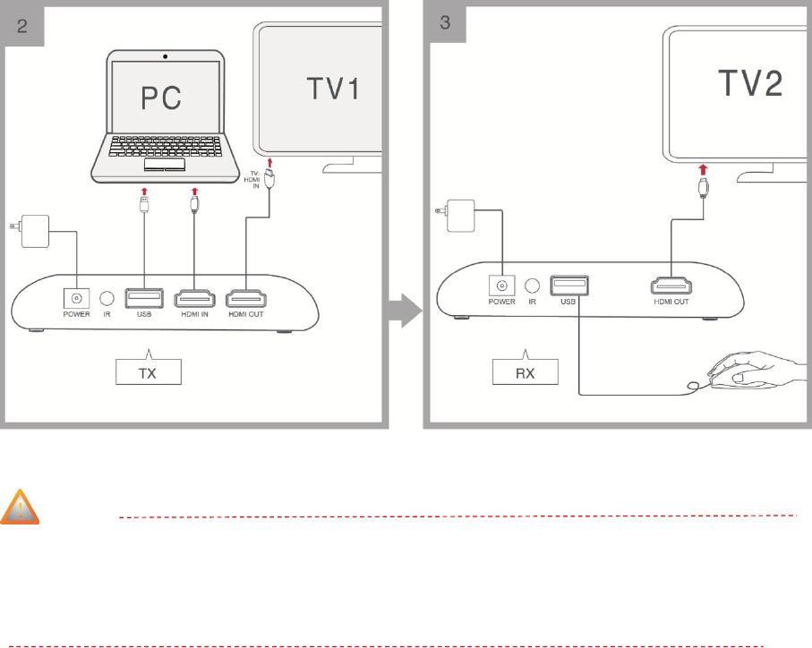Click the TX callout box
(x=149, y=371)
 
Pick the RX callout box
(x=525, y=372)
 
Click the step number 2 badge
(x=24, y=24)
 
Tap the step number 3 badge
(x=445, y=24)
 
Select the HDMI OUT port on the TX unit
(x=247, y=297)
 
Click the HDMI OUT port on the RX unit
(x=670, y=286)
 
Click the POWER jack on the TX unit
(x=77, y=298)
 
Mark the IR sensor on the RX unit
(x=533, y=286)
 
